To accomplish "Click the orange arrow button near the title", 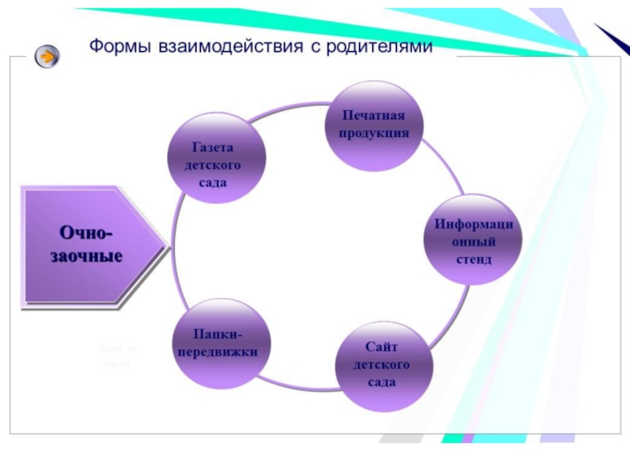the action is coord(47,56).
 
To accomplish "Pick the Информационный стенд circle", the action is coord(472,242).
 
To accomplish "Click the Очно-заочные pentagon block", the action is coord(91,245).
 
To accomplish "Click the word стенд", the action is coord(472,259).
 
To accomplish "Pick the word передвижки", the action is coord(217,353).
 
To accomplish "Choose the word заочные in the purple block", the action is coord(87,256).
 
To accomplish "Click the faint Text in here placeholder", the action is coord(115,356).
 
